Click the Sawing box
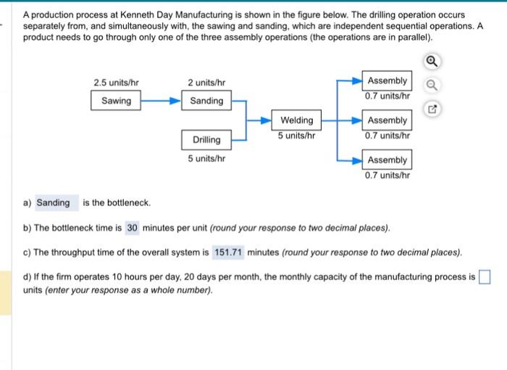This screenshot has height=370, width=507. coord(116,101)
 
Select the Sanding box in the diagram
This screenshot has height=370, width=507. coord(206,101)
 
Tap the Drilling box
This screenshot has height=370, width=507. coord(206,139)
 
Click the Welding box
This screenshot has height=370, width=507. coord(297,120)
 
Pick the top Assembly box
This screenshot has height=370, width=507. coord(387,81)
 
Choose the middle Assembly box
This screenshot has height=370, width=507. coord(387,120)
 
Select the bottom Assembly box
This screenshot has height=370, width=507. coord(387,160)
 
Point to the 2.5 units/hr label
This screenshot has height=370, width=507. coord(116,83)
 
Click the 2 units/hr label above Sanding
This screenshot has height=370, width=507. coord(206,83)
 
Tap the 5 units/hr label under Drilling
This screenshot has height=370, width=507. coord(206,158)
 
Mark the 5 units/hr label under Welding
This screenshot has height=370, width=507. coord(297,135)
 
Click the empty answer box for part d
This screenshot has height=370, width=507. coord(485,277)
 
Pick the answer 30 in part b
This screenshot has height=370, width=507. coord(132,228)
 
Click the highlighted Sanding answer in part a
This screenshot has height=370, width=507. coord(53,202)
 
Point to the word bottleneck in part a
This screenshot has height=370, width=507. coord(128,202)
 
